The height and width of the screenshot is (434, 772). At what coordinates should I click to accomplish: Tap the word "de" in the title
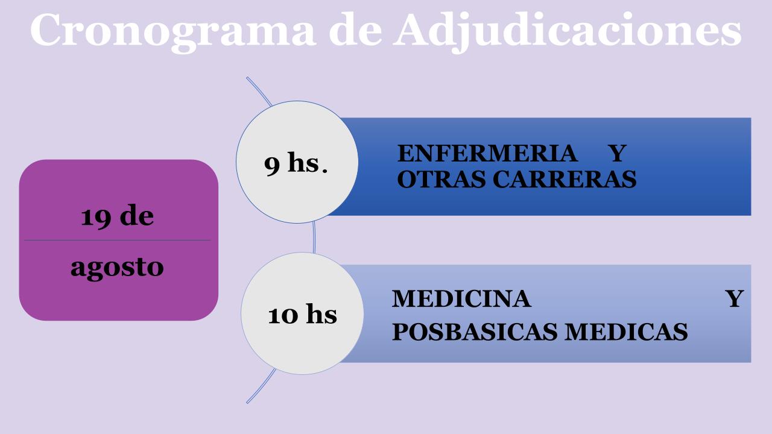tap(355, 30)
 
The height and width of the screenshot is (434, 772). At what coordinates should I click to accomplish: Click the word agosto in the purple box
tap(117, 268)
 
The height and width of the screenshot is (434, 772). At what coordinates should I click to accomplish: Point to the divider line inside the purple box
tap(117, 240)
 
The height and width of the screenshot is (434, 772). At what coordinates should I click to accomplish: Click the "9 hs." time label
tap(296, 163)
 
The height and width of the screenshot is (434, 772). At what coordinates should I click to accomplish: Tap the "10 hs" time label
tap(302, 314)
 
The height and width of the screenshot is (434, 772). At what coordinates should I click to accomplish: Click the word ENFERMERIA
tap(487, 153)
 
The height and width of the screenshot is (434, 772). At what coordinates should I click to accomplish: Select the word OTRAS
tap(441, 179)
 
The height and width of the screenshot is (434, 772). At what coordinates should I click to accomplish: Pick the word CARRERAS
tap(565, 179)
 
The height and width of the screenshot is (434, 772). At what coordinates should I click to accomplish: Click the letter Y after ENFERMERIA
tap(617, 153)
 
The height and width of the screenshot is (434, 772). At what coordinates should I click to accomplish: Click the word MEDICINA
tap(461, 298)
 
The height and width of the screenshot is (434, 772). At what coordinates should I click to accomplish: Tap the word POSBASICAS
tap(475, 332)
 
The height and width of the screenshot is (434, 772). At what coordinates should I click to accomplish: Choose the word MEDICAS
tap(626, 332)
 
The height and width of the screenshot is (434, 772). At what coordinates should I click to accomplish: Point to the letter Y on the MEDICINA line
tap(735, 298)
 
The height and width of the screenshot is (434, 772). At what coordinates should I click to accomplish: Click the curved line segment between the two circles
tap(314, 237)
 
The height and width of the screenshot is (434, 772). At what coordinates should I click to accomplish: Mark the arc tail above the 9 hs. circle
tap(259, 90)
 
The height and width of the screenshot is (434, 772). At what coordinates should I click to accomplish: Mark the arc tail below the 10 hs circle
tap(262, 386)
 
